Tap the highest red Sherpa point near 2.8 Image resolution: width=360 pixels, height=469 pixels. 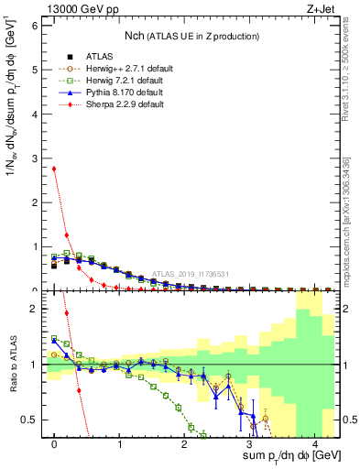click(54, 169)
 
